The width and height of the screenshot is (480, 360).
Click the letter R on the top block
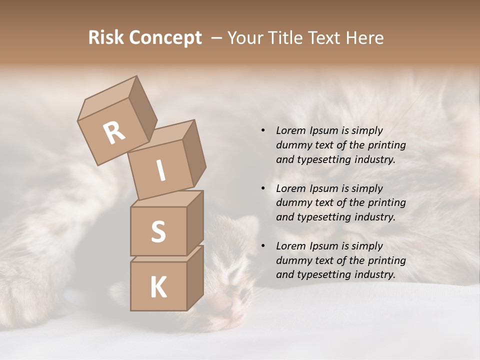point(114,132)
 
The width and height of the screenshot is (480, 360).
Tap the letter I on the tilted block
point(160,171)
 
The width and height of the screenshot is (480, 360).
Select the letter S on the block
point(158,231)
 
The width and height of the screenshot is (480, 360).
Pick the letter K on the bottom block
point(158,287)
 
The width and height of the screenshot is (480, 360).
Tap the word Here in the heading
point(364,38)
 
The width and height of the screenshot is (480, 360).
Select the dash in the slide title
point(217,38)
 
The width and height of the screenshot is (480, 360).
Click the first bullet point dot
point(263,131)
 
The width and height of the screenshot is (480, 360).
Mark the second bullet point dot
point(263,188)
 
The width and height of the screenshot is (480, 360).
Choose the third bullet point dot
point(263,246)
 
